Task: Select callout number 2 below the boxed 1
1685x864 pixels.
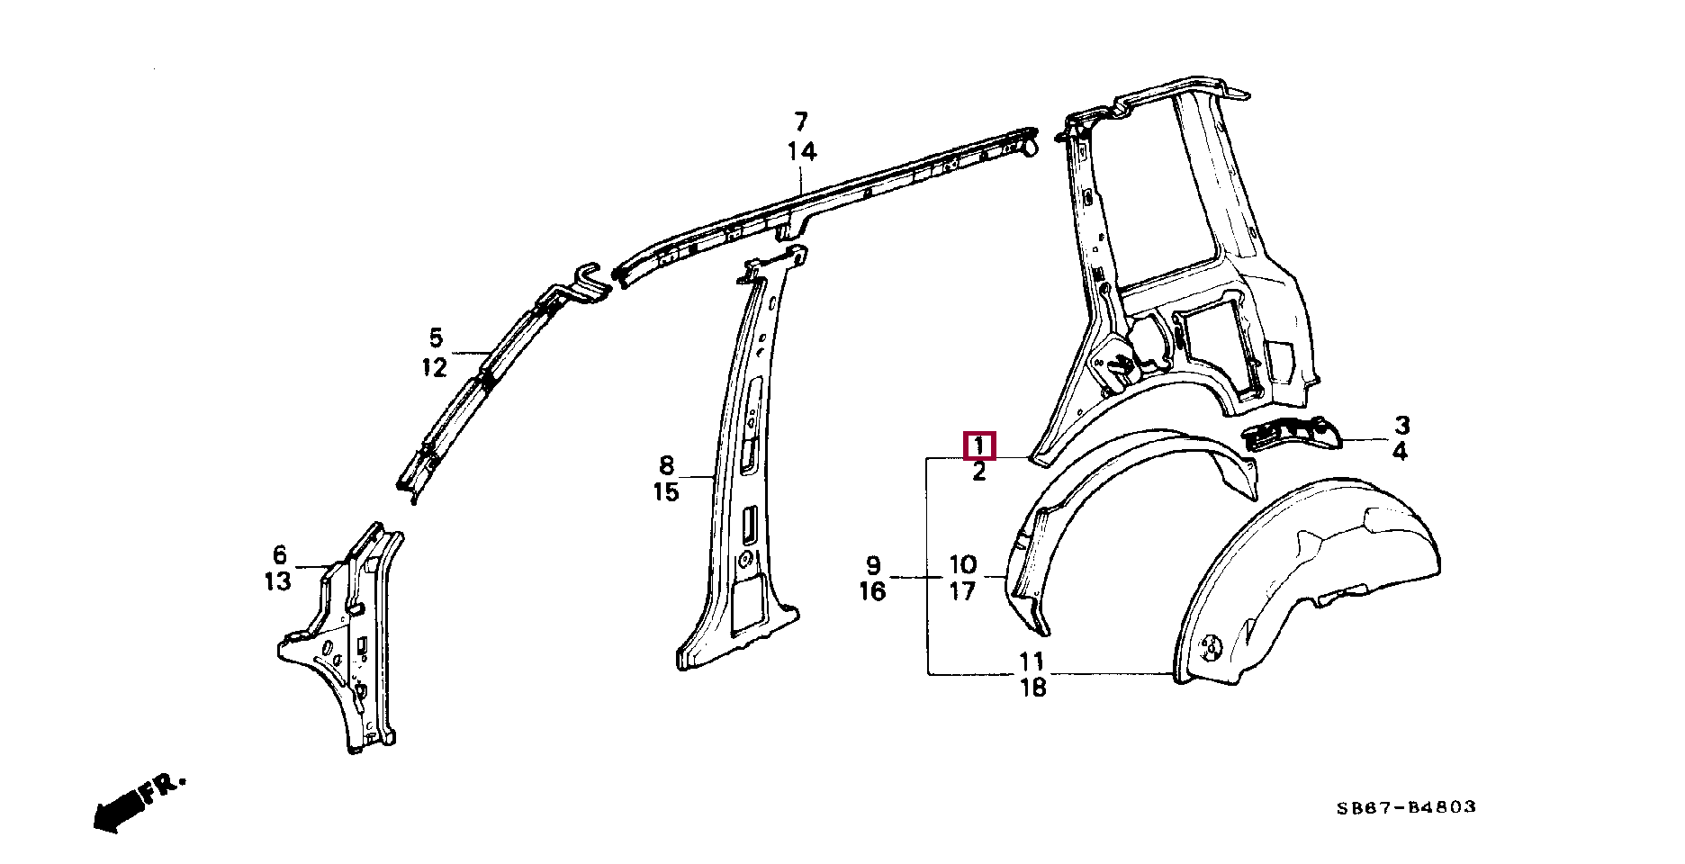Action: [x=979, y=472]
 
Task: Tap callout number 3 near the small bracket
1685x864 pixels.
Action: [x=1402, y=426]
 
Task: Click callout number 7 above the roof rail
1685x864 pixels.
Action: [x=801, y=121]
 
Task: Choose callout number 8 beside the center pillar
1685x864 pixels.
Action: [x=666, y=466]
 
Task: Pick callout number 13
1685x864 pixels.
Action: [x=278, y=581]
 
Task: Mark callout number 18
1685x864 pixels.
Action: [x=1034, y=688]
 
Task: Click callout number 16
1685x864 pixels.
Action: [x=872, y=591]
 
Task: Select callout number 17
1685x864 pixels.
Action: [x=962, y=591]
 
